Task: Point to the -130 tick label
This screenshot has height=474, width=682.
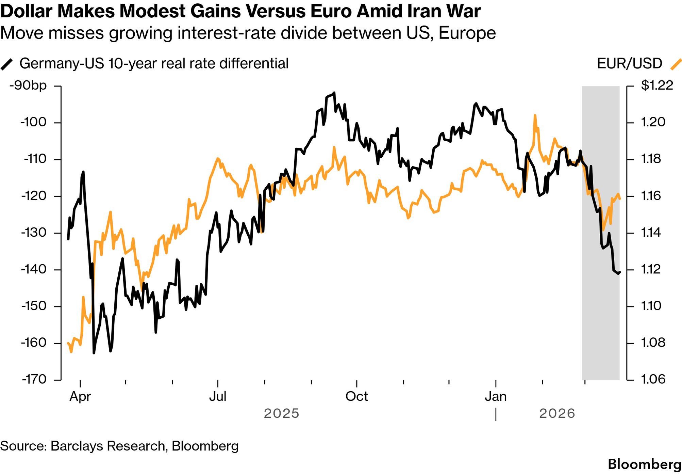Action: point(33,233)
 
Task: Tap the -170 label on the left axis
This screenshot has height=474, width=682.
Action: point(34,379)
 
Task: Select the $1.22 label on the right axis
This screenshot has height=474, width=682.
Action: point(657,85)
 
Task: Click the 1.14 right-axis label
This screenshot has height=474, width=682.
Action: point(651,233)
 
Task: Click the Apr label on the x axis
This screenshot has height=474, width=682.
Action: point(80,397)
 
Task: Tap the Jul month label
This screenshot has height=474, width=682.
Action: point(218,397)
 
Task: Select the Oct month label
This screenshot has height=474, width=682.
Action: point(356,397)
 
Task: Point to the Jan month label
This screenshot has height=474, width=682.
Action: point(496,397)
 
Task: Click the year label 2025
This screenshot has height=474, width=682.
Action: point(281,414)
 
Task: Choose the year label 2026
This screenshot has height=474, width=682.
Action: point(557,414)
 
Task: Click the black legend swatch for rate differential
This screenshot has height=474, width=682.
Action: point(7,64)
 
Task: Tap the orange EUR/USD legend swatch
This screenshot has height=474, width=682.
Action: point(676,64)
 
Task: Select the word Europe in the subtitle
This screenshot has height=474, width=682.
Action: point(467,33)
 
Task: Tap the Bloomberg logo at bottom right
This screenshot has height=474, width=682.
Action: point(644,464)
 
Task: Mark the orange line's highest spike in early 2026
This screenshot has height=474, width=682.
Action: point(535,116)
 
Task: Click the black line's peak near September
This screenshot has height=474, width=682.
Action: point(334,93)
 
